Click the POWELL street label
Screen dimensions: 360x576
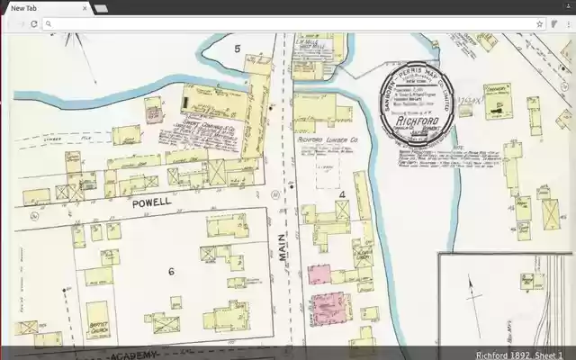151,203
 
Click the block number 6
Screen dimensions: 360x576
170,271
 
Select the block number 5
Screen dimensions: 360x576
238,48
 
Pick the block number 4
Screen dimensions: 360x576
342,193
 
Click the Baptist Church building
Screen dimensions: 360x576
99,328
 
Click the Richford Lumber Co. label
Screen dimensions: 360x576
328,140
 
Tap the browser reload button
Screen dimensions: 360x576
33,24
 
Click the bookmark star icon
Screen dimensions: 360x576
540,24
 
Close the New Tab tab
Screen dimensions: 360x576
85,8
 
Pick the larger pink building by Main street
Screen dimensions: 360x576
329,306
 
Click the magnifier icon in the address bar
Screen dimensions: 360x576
48,24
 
